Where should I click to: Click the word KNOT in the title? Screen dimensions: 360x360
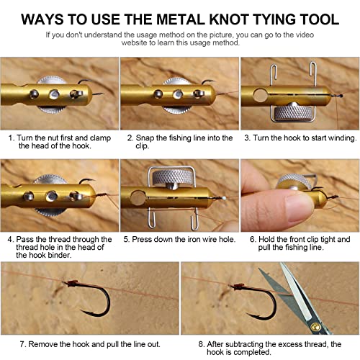(x=229, y=19)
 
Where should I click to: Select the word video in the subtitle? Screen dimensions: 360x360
(x=305, y=35)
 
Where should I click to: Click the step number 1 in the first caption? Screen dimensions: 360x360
(x=11, y=138)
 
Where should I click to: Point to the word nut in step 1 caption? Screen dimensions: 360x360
(x=53, y=138)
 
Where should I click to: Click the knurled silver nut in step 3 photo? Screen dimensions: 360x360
(x=293, y=112)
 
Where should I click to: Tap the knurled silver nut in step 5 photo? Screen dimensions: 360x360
(x=173, y=177)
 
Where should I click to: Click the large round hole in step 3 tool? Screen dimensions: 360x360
(x=260, y=95)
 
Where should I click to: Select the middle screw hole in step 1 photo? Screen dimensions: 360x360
(x=54, y=94)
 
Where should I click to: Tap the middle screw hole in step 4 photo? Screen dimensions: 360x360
(x=52, y=196)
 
